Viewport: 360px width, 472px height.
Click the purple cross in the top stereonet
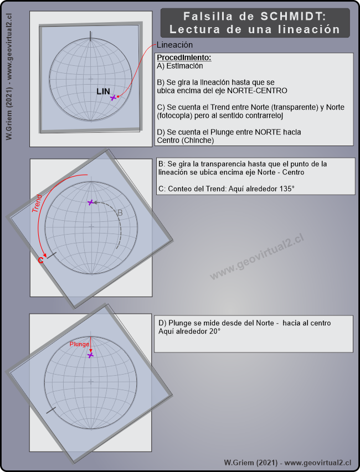(x=114, y=97)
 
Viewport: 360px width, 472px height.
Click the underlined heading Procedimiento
(x=184, y=58)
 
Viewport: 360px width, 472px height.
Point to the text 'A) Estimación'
(x=180, y=66)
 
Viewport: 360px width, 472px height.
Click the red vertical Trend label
(x=37, y=204)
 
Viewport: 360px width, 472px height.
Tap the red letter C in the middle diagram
(x=40, y=261)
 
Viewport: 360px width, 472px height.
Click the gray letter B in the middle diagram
(x=119, y=212)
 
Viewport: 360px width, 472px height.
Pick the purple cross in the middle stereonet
(x=91, y=203)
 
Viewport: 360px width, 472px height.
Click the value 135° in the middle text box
(x=285, y=189)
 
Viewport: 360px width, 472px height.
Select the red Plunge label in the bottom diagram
(x=79, y=344)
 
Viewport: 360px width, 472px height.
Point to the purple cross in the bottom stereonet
(x=90, y=355)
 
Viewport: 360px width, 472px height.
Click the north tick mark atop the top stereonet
(x=90, y=37)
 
